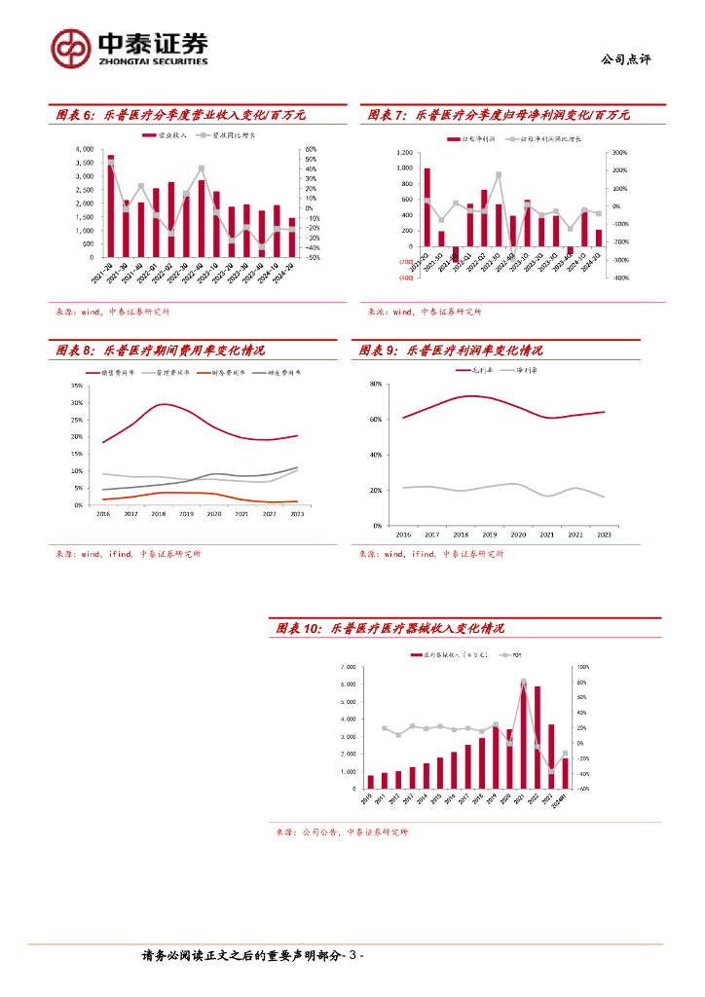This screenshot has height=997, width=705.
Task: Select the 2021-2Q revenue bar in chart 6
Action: click(111, 205)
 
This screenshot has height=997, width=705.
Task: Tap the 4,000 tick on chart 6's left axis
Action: click(84, 149)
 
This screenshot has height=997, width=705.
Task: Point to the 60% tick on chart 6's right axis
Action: click(312, 149)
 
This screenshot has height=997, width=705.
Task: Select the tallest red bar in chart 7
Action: click(427, 207)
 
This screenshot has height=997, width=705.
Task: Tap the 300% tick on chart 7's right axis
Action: click(618, 152)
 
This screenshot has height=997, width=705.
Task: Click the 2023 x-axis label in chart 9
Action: click(604, 535)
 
